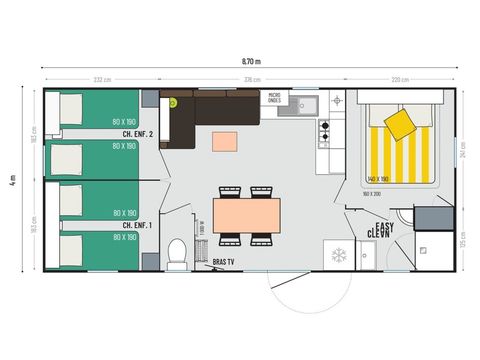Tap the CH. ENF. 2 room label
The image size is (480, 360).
pyautogui.click(x=138, y=133)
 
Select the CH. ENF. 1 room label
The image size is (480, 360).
pyautogui.click(x=138, y=225)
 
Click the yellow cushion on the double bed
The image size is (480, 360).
pyautogui.click(x=400, y=123)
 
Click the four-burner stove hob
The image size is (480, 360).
pyautogui.click(x=325, y=130)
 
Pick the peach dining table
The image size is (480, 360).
pyautogui.click(x=247, y=214)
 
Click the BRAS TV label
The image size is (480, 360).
pyautogui.click(x=224, y=262)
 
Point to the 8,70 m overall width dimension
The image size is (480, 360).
pyautogui.click(x=250, y=60)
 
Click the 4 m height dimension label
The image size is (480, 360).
pyautogui.click(x=13, y=179)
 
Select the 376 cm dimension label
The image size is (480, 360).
pyautogui.click(x=253, y=79)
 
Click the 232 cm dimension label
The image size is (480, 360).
pyautogui.click(x=101, y=79)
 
